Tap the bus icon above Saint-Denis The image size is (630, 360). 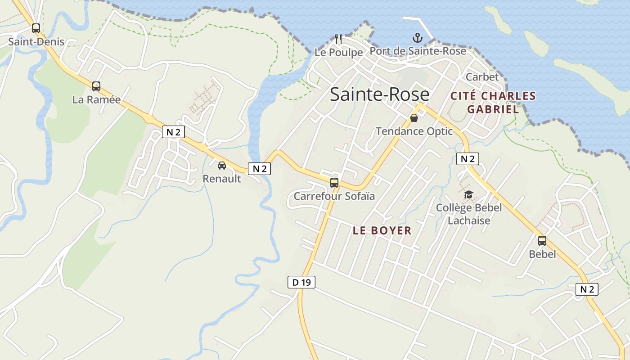tap(36, 28)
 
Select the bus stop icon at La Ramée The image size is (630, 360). tap(96, 86)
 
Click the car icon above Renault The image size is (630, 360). tap(222, 166)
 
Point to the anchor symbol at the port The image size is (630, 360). tap(418, 38)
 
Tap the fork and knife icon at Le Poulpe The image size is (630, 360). tap(338, 39)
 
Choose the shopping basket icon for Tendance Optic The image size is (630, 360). tap(414, 118)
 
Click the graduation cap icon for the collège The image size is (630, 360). tap(469, 195)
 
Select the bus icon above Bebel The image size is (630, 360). tap(542, 241)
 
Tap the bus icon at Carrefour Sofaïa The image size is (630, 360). tap(334, 183)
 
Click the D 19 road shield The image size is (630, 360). tap(301, 282)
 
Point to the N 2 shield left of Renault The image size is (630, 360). tap(173, 132)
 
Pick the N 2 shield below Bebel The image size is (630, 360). tap(587, 289)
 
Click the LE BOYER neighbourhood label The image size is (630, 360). tap(382, 231)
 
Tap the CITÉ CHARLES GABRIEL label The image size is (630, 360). tap(493, 103)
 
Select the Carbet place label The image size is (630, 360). tap(482, 77)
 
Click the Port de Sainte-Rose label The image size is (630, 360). tap(418, 51)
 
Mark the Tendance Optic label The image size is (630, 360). tap(414, 131)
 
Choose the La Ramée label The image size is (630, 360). tap(96, 100)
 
